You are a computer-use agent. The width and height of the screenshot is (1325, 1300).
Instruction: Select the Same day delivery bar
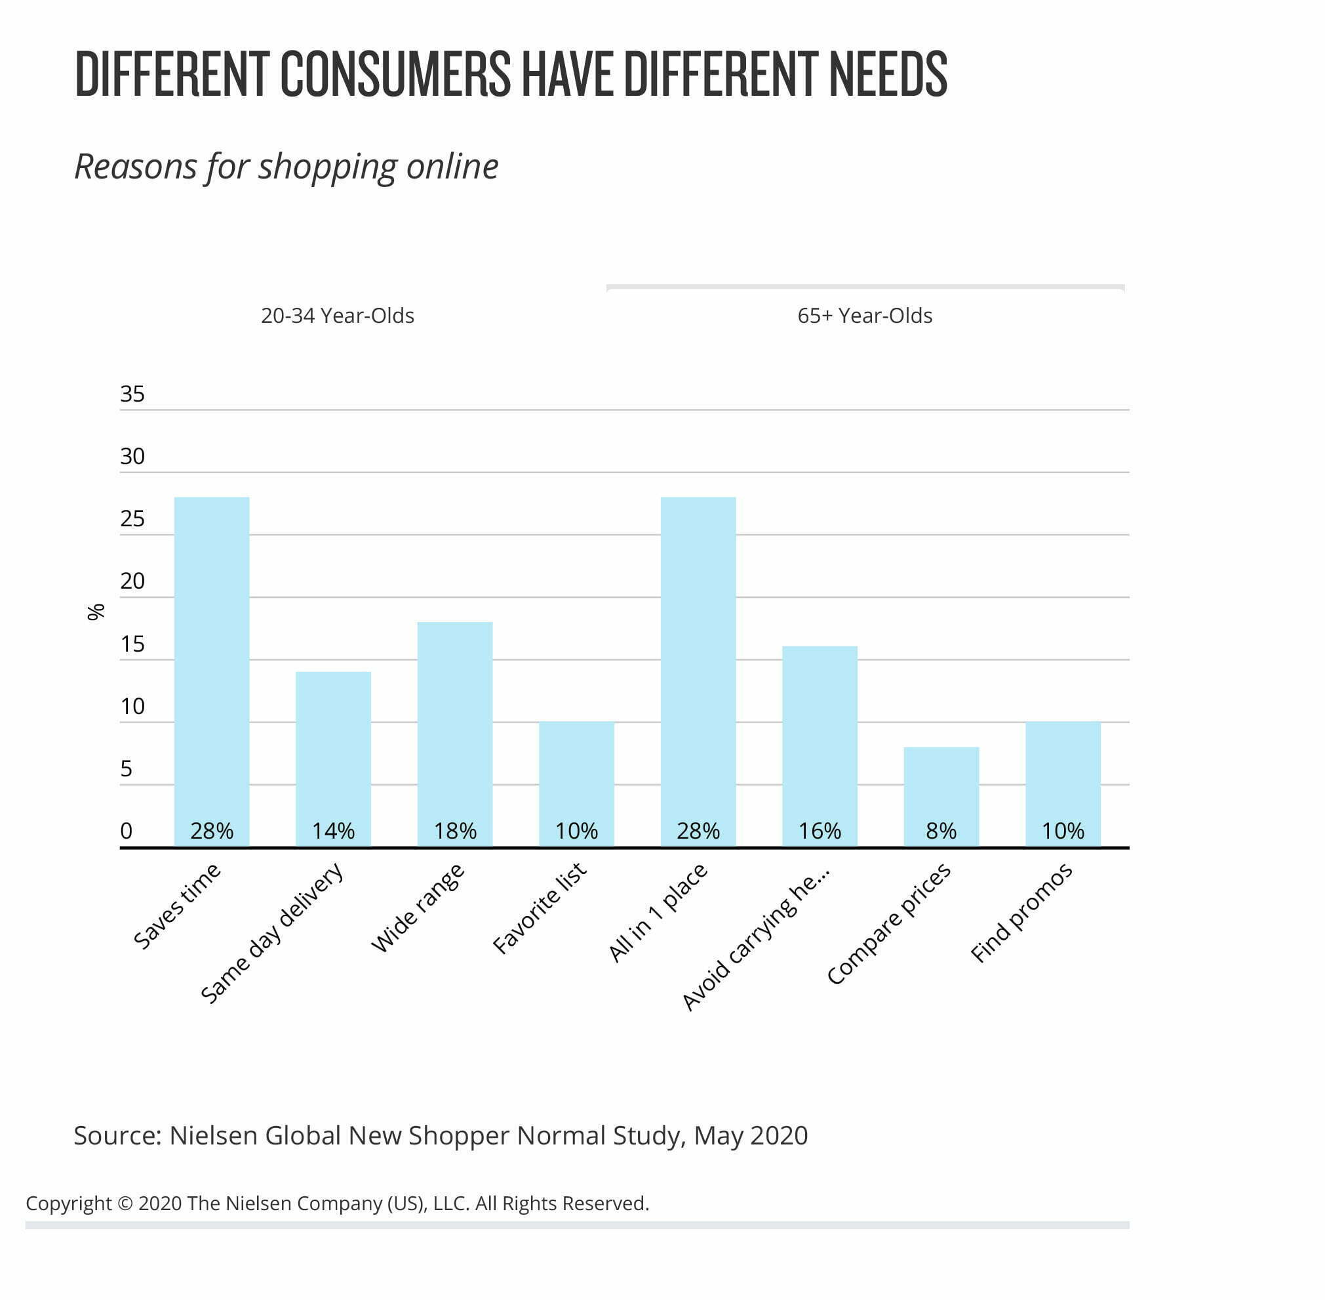coord(333,758)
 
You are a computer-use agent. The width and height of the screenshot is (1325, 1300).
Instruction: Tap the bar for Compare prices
coord(941,795)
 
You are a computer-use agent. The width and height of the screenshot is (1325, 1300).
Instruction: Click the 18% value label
coord(455,831)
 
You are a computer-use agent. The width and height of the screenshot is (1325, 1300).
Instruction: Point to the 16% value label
coord(820,831)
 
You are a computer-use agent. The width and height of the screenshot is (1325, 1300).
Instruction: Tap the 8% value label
coord(941,831)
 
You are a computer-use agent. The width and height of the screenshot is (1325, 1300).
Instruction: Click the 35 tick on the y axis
coord(132,394)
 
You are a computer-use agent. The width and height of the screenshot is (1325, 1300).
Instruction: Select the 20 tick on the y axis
coord(132,581)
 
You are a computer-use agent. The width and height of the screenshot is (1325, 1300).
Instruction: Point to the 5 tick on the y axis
coord(127,769)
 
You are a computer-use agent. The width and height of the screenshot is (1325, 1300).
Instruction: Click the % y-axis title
coord(96,612)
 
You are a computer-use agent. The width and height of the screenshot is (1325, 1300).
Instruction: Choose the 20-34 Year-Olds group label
coord(337,316)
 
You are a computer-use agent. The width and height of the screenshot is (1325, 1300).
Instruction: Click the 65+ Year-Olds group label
coord(865,316)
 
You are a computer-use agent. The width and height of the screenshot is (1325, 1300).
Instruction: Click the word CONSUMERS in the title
coord(395,73)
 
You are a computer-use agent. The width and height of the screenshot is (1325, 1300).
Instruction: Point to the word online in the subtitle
coord(452,167)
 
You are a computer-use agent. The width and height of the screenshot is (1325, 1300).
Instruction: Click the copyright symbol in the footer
coord(125,1203)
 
